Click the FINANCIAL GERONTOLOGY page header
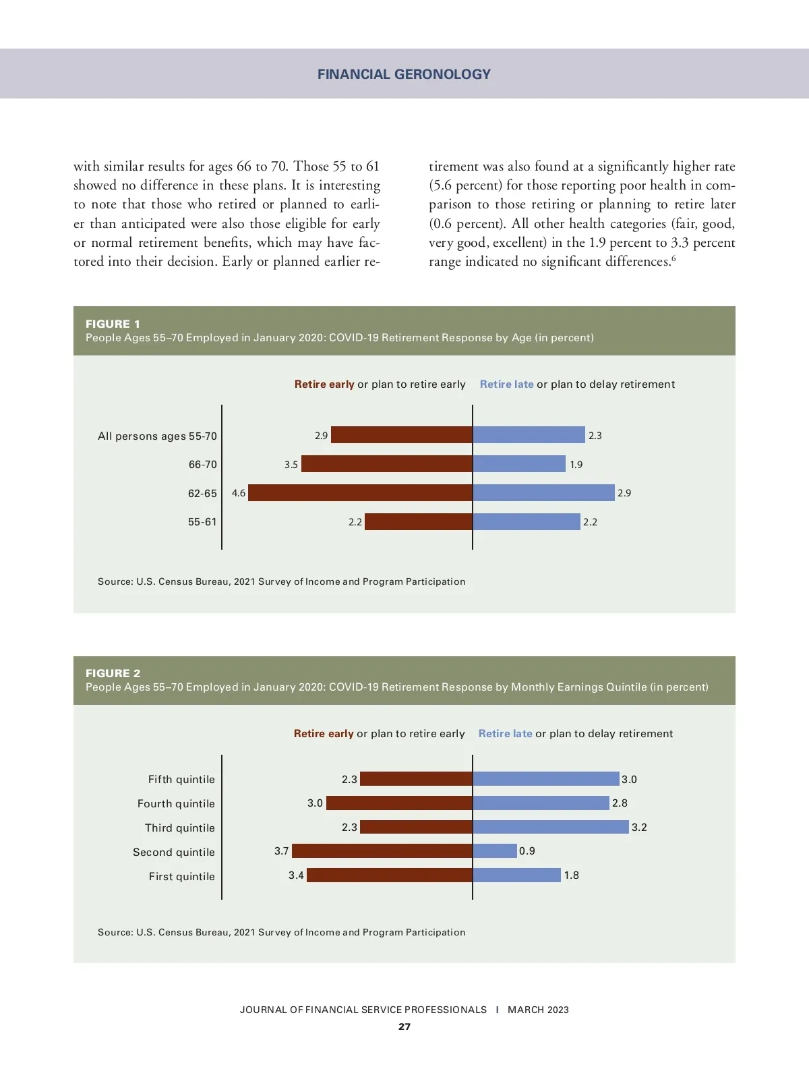pyautogui.click(x=404, y=74)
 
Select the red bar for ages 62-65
pyautogui.click(x=360, y=493)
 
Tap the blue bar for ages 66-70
pyautogui.click(x=519, y=464)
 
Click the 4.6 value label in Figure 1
pyautogui.click(x=239, y=493)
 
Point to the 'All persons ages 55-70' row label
pyautogui.click(x=157, y=436)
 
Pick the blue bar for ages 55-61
pyautogui.click(x=527, y=521)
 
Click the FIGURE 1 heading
pyautogui.click(x=113, y=324)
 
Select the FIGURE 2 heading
pyautogui.click(x=113, y=673)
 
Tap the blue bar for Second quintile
pyautogui.click(x=495, y=851)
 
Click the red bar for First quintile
pyautogui.click(x=390, y=875)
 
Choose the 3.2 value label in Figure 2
pyautogui.click(x=639, y=828)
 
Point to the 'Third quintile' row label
pyautogui.click(x=179, y=828)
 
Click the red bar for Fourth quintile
pyautogui.click(x=399, y=803)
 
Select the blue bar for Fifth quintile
pyautogui.click(x=546, y=779)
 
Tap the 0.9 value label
pyautogui.click(x=527, y=851)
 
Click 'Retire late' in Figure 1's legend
pyautogui.click(x=506, y=384)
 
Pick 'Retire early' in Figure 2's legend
pyautogui.click(x=324, y=734)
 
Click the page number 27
pyautogui.click(x=404, y=1027)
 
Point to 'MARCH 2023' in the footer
pyautogui.click(x=538, y=1010)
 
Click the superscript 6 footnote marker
pyautogui.click(x=673, y=258)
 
